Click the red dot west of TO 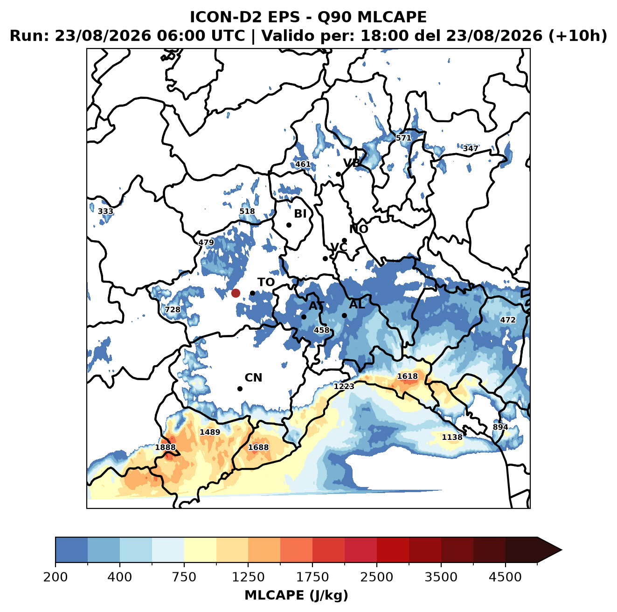(236, 293)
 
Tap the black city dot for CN (240, 389)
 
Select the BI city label (300, 214)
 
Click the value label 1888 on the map (165, 447)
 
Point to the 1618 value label (407, 376)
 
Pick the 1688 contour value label (258, 447)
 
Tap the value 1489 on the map (210, 432)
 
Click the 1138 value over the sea (452, 437)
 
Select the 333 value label (105, 211)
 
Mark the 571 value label (403, 138)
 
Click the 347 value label (471, 148)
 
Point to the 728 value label (172, 310)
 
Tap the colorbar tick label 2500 (376, 577)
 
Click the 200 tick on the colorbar (55, 577)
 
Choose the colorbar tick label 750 (184, 577)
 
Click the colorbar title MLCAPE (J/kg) (296, 595)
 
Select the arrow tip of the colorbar (562, 550)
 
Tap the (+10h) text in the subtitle (578, 36)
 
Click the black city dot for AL (344, 315)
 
